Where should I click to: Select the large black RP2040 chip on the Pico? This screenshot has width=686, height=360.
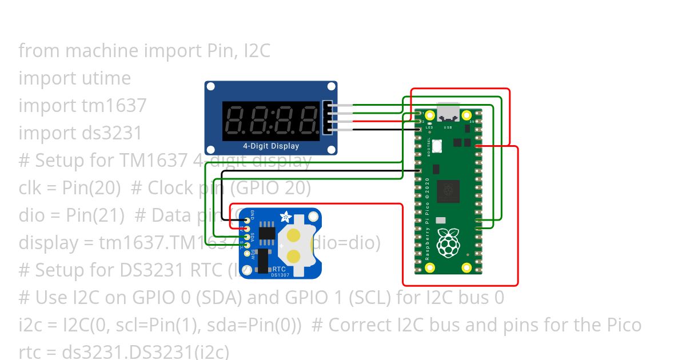448,191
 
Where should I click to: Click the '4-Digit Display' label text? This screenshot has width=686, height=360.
270,146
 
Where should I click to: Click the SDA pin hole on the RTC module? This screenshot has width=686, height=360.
247,237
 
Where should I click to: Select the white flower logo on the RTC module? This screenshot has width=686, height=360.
284,217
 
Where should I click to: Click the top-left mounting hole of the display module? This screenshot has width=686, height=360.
211,87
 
